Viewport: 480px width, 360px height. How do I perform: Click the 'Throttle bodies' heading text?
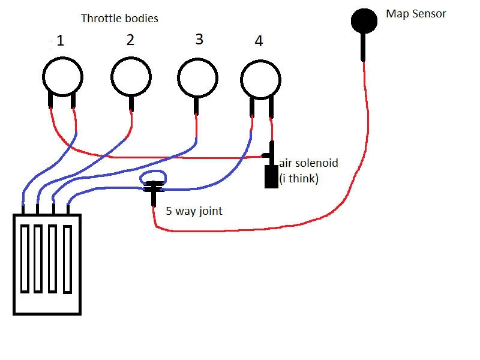tap(119, 19)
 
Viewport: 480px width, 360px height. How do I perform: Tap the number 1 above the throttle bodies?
tap(60, 41)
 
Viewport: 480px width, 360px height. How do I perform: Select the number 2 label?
tap(130, 40)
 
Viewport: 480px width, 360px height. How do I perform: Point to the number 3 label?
tap(199, 40)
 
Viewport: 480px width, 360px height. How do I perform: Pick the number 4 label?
tap(259, 41)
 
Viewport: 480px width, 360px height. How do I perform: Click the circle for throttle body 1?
tap(62, 77)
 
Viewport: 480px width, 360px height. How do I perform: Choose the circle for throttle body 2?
tap(131, 77)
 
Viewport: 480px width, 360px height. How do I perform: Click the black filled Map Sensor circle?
tap(364, 21)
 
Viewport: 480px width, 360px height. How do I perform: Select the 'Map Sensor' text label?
tap(416, 14)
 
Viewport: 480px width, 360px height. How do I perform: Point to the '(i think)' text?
tap(299, 178)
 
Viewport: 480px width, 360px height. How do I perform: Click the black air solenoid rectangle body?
tap(271, 176)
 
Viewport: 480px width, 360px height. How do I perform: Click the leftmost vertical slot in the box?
tap(25, 259)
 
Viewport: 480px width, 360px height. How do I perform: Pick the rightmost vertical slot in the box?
tap(67, 259)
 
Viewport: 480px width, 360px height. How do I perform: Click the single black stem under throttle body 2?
tap(131, 103)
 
